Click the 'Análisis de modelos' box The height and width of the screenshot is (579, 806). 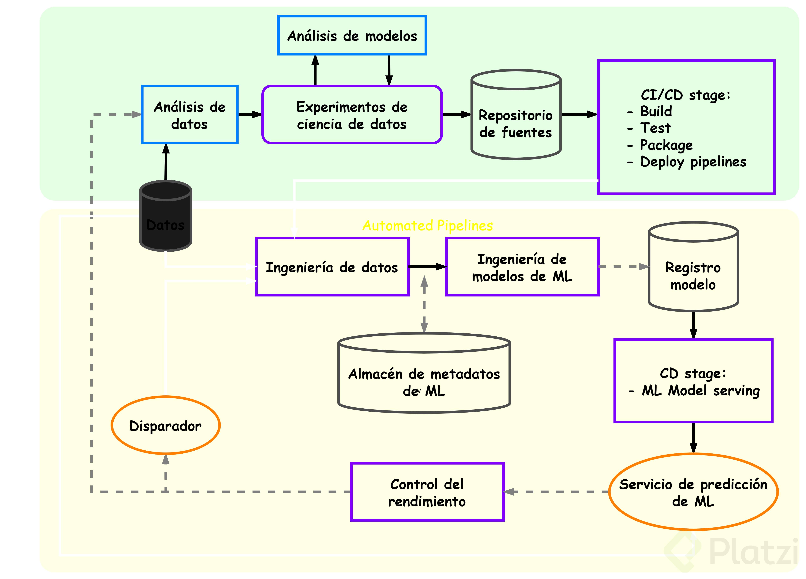point(352,36)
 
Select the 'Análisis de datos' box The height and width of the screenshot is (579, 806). point(189,115)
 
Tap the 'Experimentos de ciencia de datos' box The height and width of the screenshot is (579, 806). point(352,115)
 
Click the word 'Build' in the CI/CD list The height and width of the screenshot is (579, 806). point(656,111)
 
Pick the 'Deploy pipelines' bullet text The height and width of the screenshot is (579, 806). point(693,162)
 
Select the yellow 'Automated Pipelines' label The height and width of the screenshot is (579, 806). point(428,225)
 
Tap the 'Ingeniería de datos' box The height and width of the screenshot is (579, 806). point(332,267)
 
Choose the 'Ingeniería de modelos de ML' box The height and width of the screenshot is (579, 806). point(522,267)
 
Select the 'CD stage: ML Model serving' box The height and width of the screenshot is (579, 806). point(693,381)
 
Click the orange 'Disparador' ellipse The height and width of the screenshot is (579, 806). point(166,426)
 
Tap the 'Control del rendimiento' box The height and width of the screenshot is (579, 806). point(427,492)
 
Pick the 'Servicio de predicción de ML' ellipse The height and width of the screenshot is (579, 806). point(693,492)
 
